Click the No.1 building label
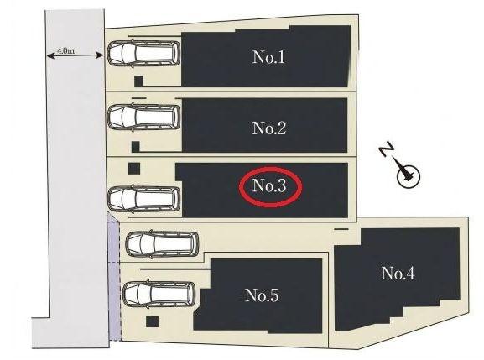pyautogui.click(x=268, y=57)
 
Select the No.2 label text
pyautogui.click(x=269, y=128)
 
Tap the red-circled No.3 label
pyautogui.click(x=269, y=185)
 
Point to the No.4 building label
pyautogui.click(x=398, y=274)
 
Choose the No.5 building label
pyautogui.click(x=262, y=295)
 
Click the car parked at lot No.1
pyautogui.click(x=143, y=54)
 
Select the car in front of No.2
pyautogui.click(x=143, y=117)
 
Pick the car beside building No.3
pyautogui.click(x=143, y=199)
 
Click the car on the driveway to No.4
pyautogui.click(x=162, y=243)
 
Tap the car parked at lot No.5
pyautogui.click(x=159, y=294)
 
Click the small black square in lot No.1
pyautogui.click(x=138, y=81)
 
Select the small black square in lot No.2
pyautogui.click(x=136, y=147)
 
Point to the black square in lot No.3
pyautogui.click(x=134, y=169)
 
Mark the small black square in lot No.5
pyautogui.click(x=152, y=321)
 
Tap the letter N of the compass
pyautogui.click(x=387, y=149)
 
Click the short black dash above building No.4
pyautogui.click(x=341, y=229)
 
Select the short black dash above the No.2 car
pyautogui.click(x=138, y=98)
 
